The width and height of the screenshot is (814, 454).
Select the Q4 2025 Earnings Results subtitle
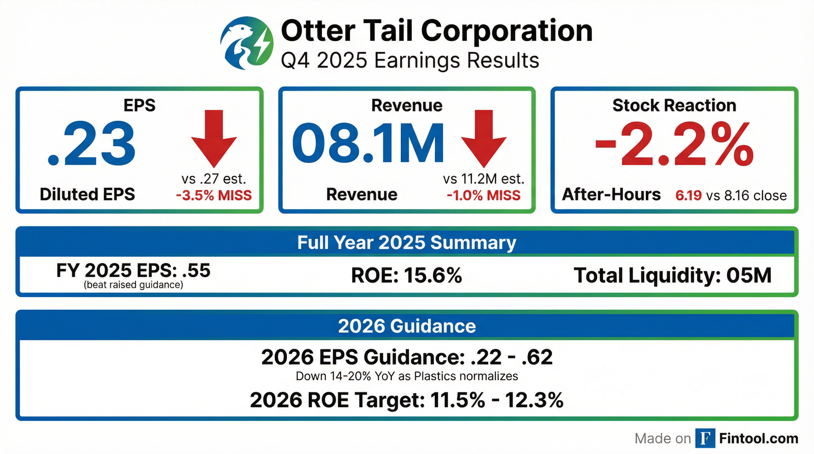[410, 60]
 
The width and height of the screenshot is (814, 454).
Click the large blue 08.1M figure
[368, 144]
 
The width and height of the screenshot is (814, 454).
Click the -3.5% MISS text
[214, 196]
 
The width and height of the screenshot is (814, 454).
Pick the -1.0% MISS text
[484, 196]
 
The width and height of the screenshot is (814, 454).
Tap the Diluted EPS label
[87, 194]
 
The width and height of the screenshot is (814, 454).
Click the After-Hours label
[611, 194]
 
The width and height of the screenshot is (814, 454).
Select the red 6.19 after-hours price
[688, 196]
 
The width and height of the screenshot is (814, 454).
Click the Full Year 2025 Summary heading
[407, 242]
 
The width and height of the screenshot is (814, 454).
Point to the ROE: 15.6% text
[406, 275]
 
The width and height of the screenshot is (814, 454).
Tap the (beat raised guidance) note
[133, 285]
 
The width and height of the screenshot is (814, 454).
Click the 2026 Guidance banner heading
[407, 326]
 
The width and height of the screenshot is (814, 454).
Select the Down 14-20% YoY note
[407, 376]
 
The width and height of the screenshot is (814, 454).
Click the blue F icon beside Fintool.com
[705, 438]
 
